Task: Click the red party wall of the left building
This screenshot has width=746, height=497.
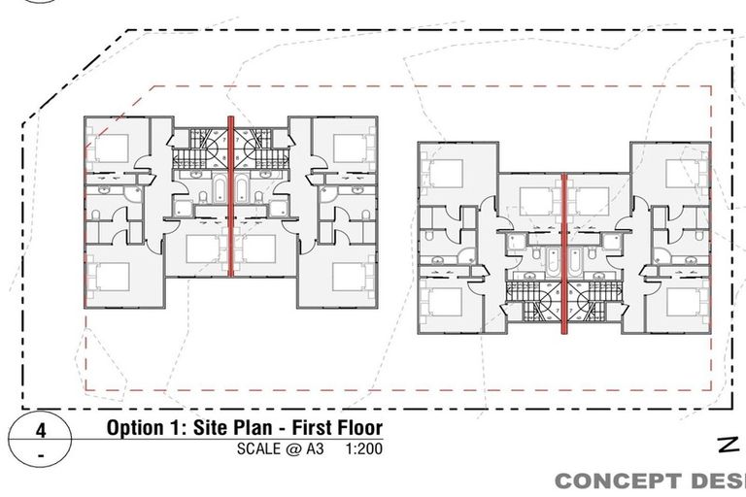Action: click(x=231, y=194)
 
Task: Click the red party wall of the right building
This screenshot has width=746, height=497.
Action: click(x=564, y=252)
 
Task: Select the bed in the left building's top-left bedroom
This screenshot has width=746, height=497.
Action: click(x=110, y=147)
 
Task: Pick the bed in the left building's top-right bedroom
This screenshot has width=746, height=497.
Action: click(x=350, y=147)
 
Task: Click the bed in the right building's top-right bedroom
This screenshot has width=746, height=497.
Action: click(x=685, y=173)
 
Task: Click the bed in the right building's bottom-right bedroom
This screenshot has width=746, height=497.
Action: click(x=685, y=302)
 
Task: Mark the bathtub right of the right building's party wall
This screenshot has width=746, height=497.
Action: click(x=576, y=259)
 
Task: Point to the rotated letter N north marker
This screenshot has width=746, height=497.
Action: click(x=727, y=446)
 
